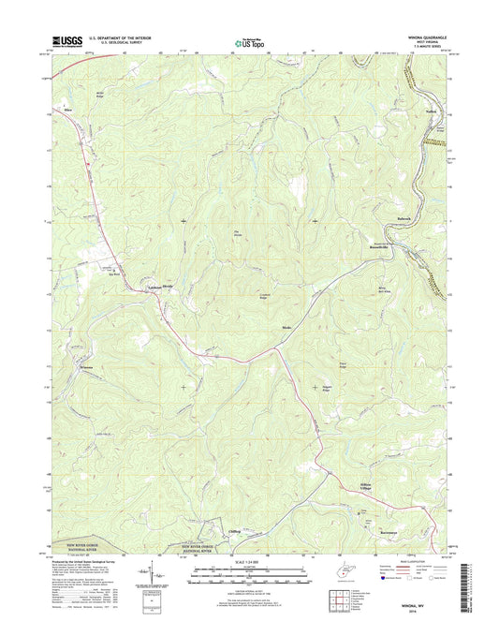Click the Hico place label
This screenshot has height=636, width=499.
(x=67, y=110)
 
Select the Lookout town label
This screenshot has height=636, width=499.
(x=155, y=284)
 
